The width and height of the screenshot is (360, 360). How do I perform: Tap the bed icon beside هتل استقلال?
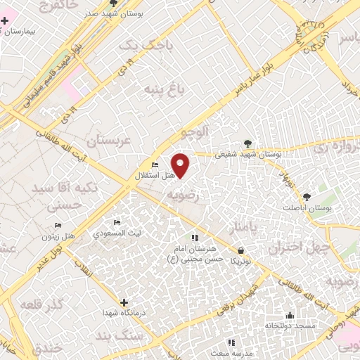[155, 165]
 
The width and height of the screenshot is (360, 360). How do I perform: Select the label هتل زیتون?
[58, 237]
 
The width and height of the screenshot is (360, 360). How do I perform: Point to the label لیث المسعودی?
[129, 232]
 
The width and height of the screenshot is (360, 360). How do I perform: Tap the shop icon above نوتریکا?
[241, 250]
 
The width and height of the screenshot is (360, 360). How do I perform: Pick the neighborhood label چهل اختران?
[294, 247]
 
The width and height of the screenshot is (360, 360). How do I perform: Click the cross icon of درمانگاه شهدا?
[124, 302]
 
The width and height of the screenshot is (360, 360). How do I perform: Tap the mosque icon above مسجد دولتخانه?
[290, 315]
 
